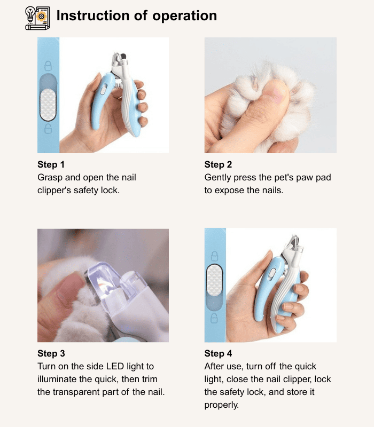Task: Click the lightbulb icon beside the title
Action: coord(30,14)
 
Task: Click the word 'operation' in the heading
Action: coord(184,16)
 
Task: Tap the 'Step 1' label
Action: coord(51,164)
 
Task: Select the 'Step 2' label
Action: coord(218,164)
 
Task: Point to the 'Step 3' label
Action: coord(51,353)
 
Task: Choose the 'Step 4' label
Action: coord(218,353)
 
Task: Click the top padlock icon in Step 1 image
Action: coord(48,66)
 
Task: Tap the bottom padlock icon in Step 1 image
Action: coord(48,129)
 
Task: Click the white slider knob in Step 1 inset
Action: coord(48,105)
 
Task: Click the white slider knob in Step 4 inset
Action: coord(215,281)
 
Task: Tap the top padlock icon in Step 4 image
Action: coord(215,256)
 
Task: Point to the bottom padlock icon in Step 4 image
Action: coord(215,318)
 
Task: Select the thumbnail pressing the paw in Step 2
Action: coord(275,91)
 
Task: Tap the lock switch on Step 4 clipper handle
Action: coord(272,274)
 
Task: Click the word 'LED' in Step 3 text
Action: coord(115,366)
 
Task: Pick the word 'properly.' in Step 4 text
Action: coord(222,405)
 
